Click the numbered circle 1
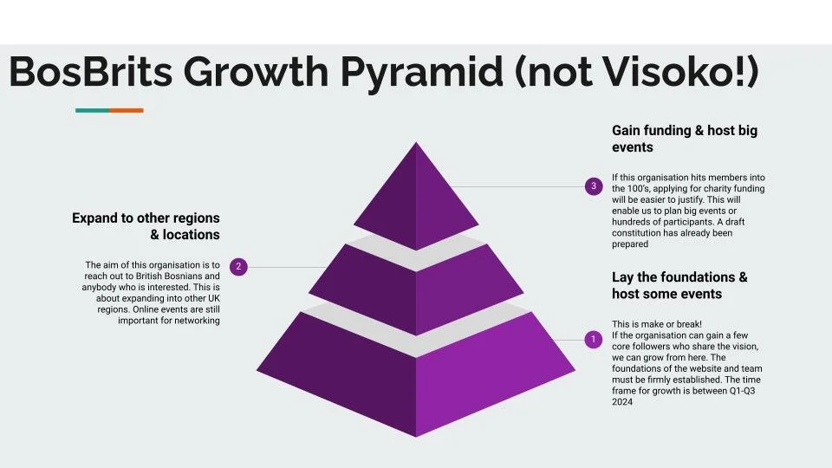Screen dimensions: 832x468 593,339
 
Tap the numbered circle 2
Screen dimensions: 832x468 238,267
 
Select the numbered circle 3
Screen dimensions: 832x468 593,185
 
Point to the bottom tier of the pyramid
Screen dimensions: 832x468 416,373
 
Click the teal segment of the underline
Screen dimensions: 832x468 92,110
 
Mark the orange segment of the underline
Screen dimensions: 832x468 127,110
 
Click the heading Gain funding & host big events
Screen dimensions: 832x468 684,139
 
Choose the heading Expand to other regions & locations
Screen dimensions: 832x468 146,226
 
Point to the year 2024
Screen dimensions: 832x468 623,402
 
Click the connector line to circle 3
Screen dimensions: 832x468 520,186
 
